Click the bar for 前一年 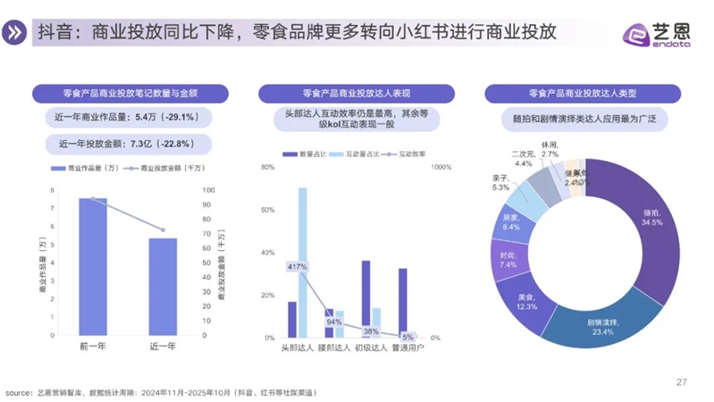[x=92, y=268]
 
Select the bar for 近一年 [x=163, y=288]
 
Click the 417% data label [x=297, y=267]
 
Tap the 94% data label [x=334, y=322]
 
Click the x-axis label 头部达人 [x=298, y=348]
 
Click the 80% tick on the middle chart [x=266, y=167]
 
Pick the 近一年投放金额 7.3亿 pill [x=126, y=143]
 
